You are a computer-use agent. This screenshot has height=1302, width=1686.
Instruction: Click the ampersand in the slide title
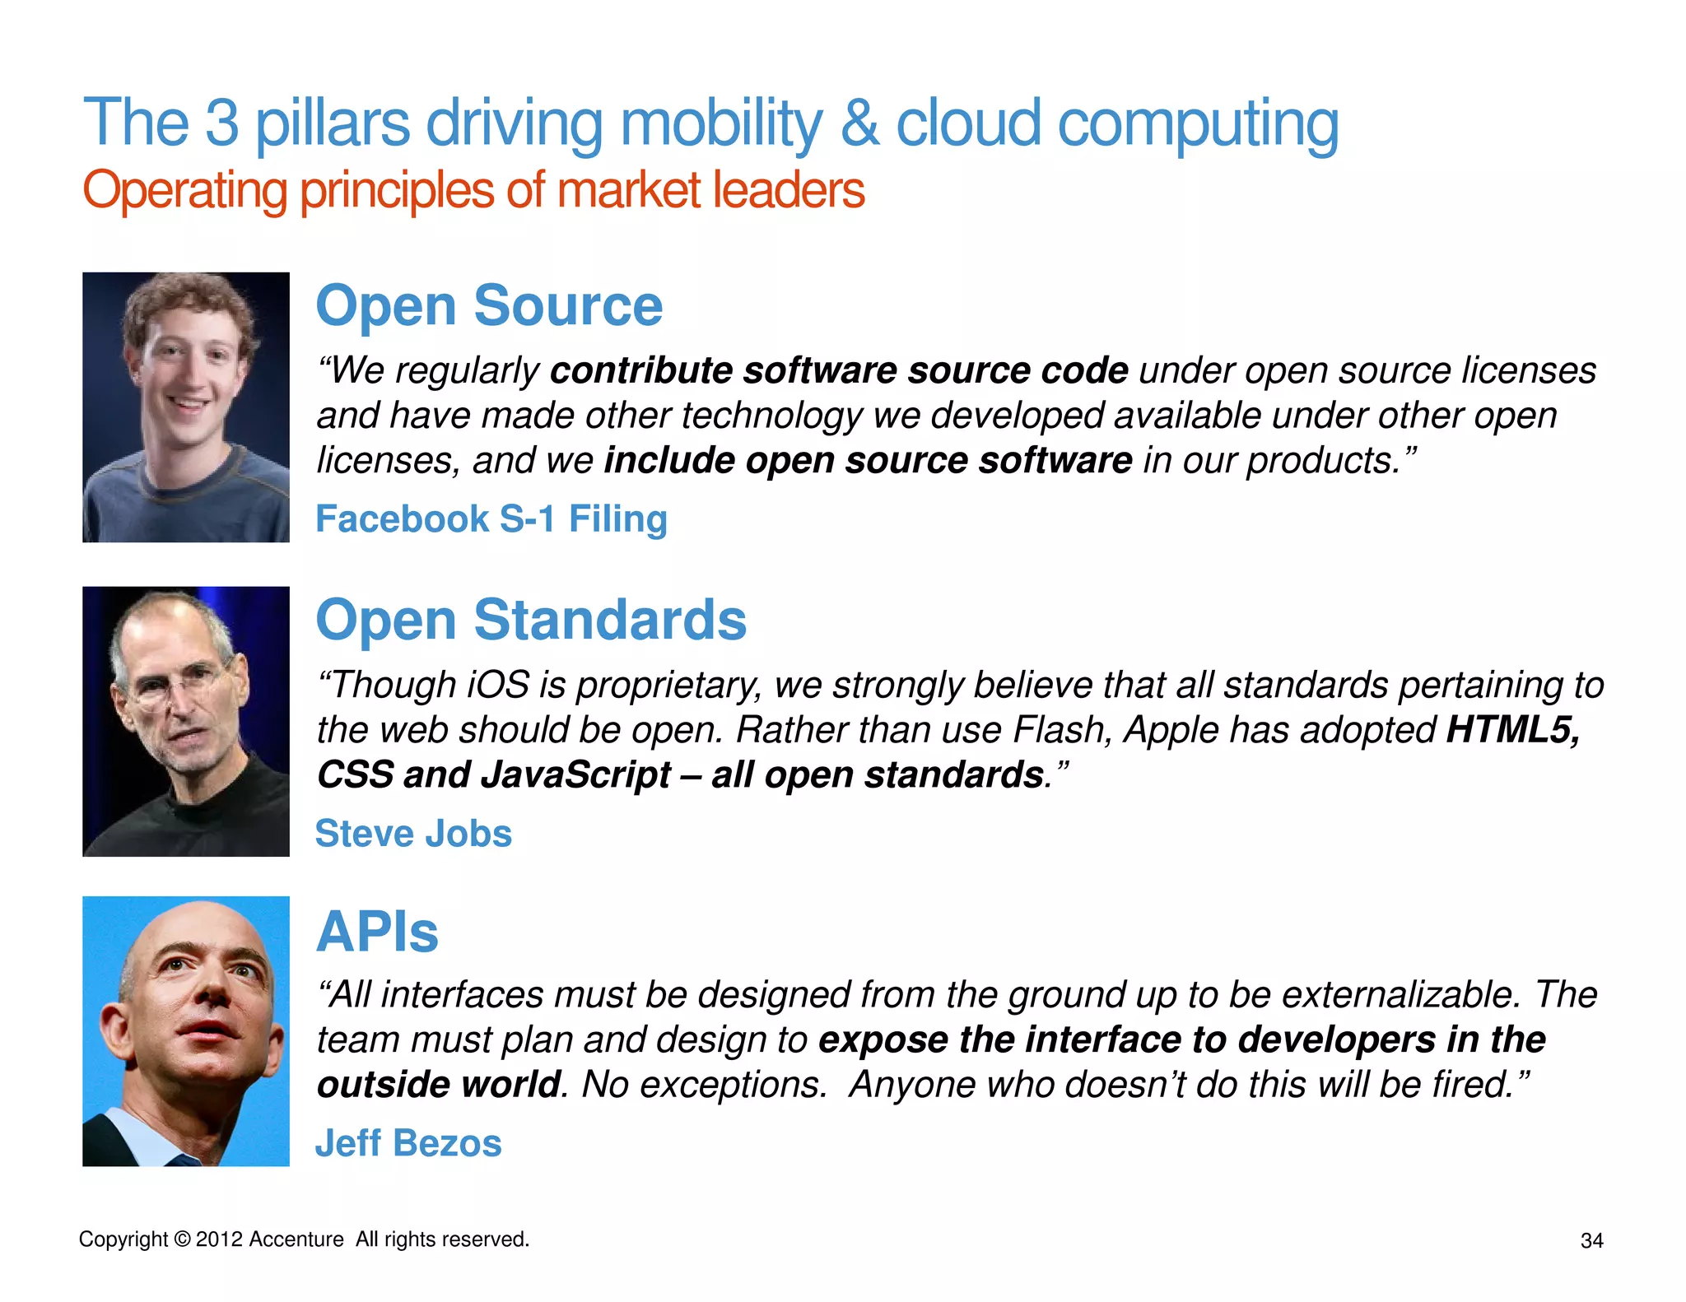(x=859, y=123)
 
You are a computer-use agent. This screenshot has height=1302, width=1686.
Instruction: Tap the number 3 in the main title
(x=221, y=123)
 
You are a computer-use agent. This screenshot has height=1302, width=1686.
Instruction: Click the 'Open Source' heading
(x=489, y=305)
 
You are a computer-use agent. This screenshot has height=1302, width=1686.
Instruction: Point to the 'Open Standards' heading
(x=531, y=620)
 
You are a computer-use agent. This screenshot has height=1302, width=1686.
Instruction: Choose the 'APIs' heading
(x=377, y=932)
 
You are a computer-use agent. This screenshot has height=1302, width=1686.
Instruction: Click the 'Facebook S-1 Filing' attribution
(x=491, y=519)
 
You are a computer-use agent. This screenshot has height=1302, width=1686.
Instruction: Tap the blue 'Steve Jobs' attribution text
(x=413, y=834)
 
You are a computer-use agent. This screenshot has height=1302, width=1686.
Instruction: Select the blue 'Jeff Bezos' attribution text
(x=408, y=1143)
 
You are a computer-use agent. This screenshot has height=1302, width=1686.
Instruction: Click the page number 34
(x=1592, y=1241)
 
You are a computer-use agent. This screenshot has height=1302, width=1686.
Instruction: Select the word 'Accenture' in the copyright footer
(x=296, y=1239)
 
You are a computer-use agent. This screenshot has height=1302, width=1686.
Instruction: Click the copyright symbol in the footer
(x=183, y=1239)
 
